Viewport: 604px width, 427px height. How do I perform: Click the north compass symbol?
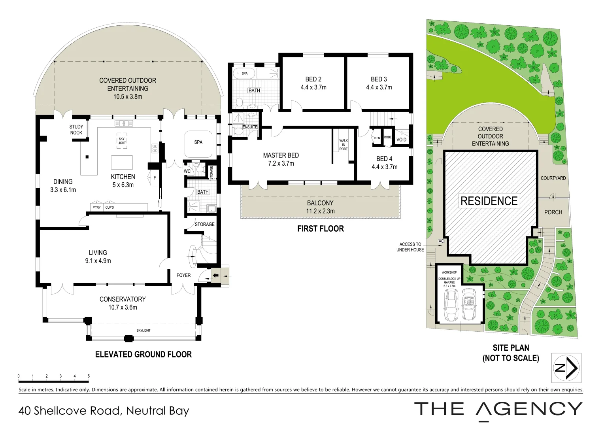tap(566, 368)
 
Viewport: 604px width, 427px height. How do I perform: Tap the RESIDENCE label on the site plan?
tap(489, 201)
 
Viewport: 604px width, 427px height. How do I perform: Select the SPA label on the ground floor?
tap(198, 142)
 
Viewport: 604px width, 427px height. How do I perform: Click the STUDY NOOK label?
tap(76, 130)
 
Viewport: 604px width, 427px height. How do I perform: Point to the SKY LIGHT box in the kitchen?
tap(122, 141)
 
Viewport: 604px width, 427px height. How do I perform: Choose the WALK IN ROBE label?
tap(344, 145)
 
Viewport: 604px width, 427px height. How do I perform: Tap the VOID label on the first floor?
tap(401, 140)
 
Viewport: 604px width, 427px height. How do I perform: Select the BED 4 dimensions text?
tap(384, 167)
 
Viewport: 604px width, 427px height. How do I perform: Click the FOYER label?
tap(183, 275)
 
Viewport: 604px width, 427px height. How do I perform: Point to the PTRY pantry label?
tap(96, 208)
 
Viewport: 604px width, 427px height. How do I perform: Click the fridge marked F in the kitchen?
tap(155, 178)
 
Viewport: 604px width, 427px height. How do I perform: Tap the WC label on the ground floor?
tap(187, 171)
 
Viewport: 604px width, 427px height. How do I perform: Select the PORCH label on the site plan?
tap(553, 212)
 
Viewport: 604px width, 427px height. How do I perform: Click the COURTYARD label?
tap(553, 178)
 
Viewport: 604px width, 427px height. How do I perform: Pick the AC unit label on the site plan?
tap(441, 241)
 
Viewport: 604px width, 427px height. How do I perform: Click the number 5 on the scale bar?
tap(89, 376)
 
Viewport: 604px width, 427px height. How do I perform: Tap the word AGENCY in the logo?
tap(529, 409)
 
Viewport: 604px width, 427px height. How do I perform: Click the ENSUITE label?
tap(250, 127)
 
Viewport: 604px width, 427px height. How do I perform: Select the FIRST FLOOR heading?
tap(320, 229)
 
